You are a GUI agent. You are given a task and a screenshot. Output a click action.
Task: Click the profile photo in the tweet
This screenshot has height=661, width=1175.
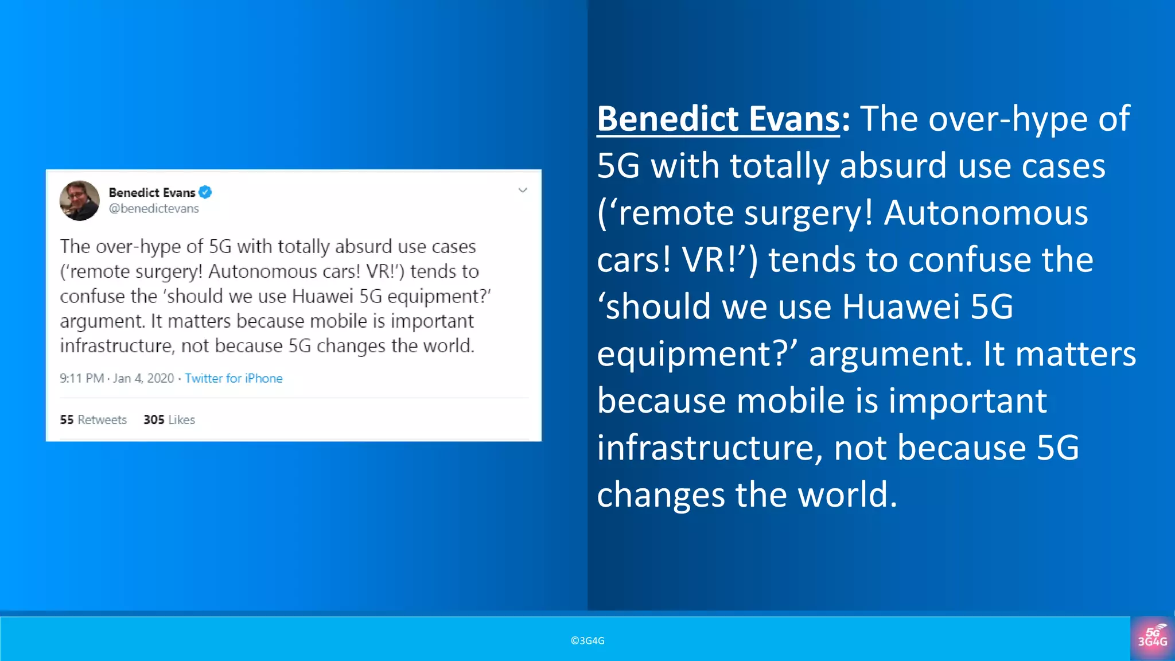(80, 201)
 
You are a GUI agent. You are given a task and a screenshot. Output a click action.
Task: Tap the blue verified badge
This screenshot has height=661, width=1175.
(205, 192)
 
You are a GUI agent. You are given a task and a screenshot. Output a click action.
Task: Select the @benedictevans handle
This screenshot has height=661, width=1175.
(154, 209)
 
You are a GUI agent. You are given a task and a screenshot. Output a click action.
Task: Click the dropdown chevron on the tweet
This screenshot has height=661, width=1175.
(523, 190)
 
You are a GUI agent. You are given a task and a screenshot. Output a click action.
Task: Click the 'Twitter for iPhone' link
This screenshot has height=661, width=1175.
(234, 379)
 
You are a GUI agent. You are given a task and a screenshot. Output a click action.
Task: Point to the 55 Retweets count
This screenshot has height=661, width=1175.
(93, 420)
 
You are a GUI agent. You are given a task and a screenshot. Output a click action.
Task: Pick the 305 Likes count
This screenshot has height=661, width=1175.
(169, 420)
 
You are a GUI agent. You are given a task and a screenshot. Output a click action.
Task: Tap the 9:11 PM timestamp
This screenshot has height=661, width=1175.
(81, 379)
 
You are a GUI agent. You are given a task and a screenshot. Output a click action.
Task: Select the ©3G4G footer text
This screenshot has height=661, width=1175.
(587, 641)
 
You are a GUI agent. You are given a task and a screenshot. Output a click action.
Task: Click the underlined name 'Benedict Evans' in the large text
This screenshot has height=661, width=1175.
(718, 119)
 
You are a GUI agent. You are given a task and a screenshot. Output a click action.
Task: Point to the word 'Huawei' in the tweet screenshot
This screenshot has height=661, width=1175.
(322, 296)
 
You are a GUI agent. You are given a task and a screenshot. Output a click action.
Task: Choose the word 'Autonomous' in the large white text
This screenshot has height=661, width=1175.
(986, 213)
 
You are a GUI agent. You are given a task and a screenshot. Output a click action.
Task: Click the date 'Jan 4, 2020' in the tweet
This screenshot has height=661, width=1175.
(143, 379)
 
